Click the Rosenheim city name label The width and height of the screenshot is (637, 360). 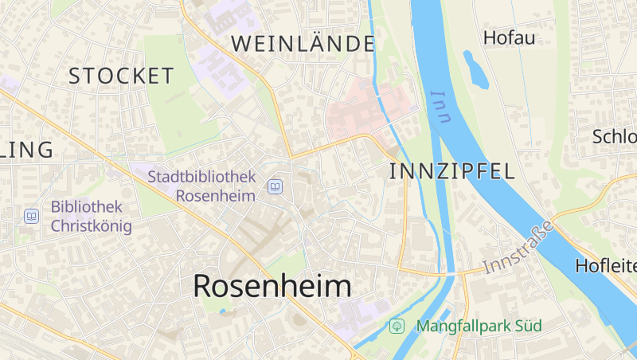coord(272,287)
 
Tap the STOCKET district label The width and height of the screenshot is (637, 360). coord(121,76)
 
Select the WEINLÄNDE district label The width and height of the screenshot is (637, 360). coord(303,44)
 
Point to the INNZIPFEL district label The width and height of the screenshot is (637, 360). coord(452,170)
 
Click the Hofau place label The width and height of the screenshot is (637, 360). coord(509,37)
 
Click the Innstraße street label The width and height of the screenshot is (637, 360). coord(518,250)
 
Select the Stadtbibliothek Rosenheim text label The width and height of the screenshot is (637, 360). coord(201,185)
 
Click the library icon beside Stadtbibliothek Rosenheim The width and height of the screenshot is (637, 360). coord(275,186)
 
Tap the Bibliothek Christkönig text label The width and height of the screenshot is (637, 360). coord(91,216)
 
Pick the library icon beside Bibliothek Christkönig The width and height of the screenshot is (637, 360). coord(31,216)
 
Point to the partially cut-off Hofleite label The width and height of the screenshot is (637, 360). coord(607,265)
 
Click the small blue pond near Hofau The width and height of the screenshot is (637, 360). coord(476,69)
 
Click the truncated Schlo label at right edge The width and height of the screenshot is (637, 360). coord(614,136)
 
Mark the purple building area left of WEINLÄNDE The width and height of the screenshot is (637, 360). coord(219,64)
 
